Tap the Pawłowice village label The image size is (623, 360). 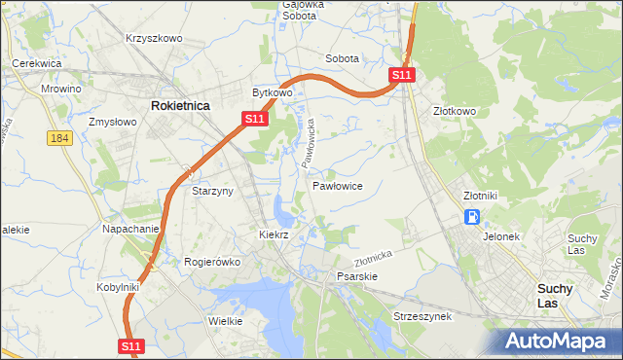click(x=338, y=185)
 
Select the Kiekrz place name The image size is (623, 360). click(x=275, y=235)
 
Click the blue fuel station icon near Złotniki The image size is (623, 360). click(x=472, y=217)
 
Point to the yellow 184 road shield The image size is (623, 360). click(x=59, y=139)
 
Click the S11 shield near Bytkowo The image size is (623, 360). click(x=253, y=119)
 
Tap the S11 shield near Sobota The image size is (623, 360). click(x=402, y=75)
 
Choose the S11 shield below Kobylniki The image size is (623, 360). click(x=132, y=345)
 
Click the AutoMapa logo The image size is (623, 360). click(x=561, y=342)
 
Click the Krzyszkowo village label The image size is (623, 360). click(x=154, y=38)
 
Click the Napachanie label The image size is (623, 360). click(x=130, y=230)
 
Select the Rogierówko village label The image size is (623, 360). click(x=211, y=262)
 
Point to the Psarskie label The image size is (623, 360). click(x=356, y=276)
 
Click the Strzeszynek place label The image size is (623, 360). click(x=421, y=317)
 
